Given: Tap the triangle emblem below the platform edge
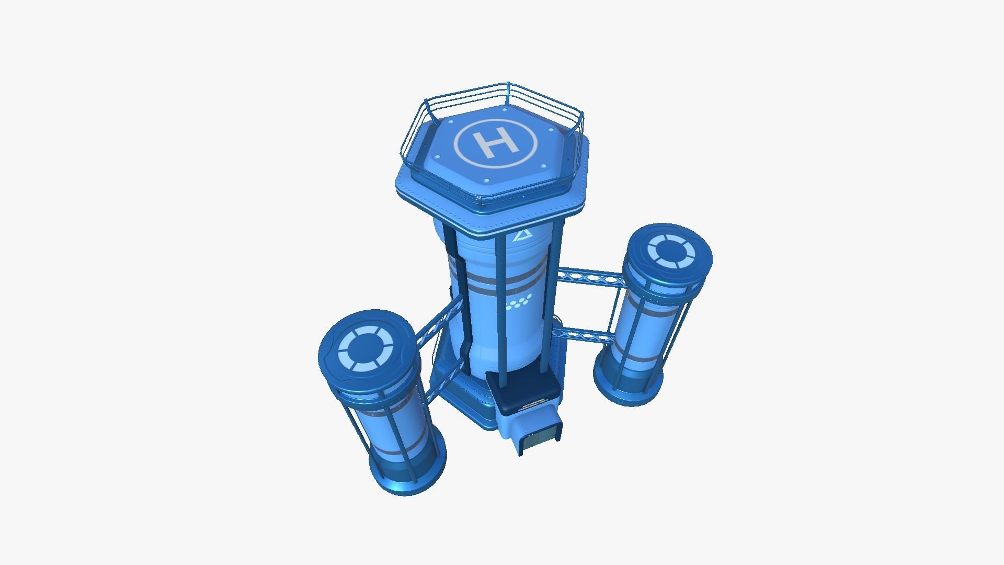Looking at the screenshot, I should (x=521, y=236).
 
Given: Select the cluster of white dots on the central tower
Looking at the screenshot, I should (x=519, y=302).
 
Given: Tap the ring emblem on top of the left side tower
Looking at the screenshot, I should (x=366, y=348).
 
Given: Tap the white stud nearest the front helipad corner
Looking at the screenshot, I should (x=487, y=180).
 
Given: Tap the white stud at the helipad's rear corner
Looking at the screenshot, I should (x=503, y=109).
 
